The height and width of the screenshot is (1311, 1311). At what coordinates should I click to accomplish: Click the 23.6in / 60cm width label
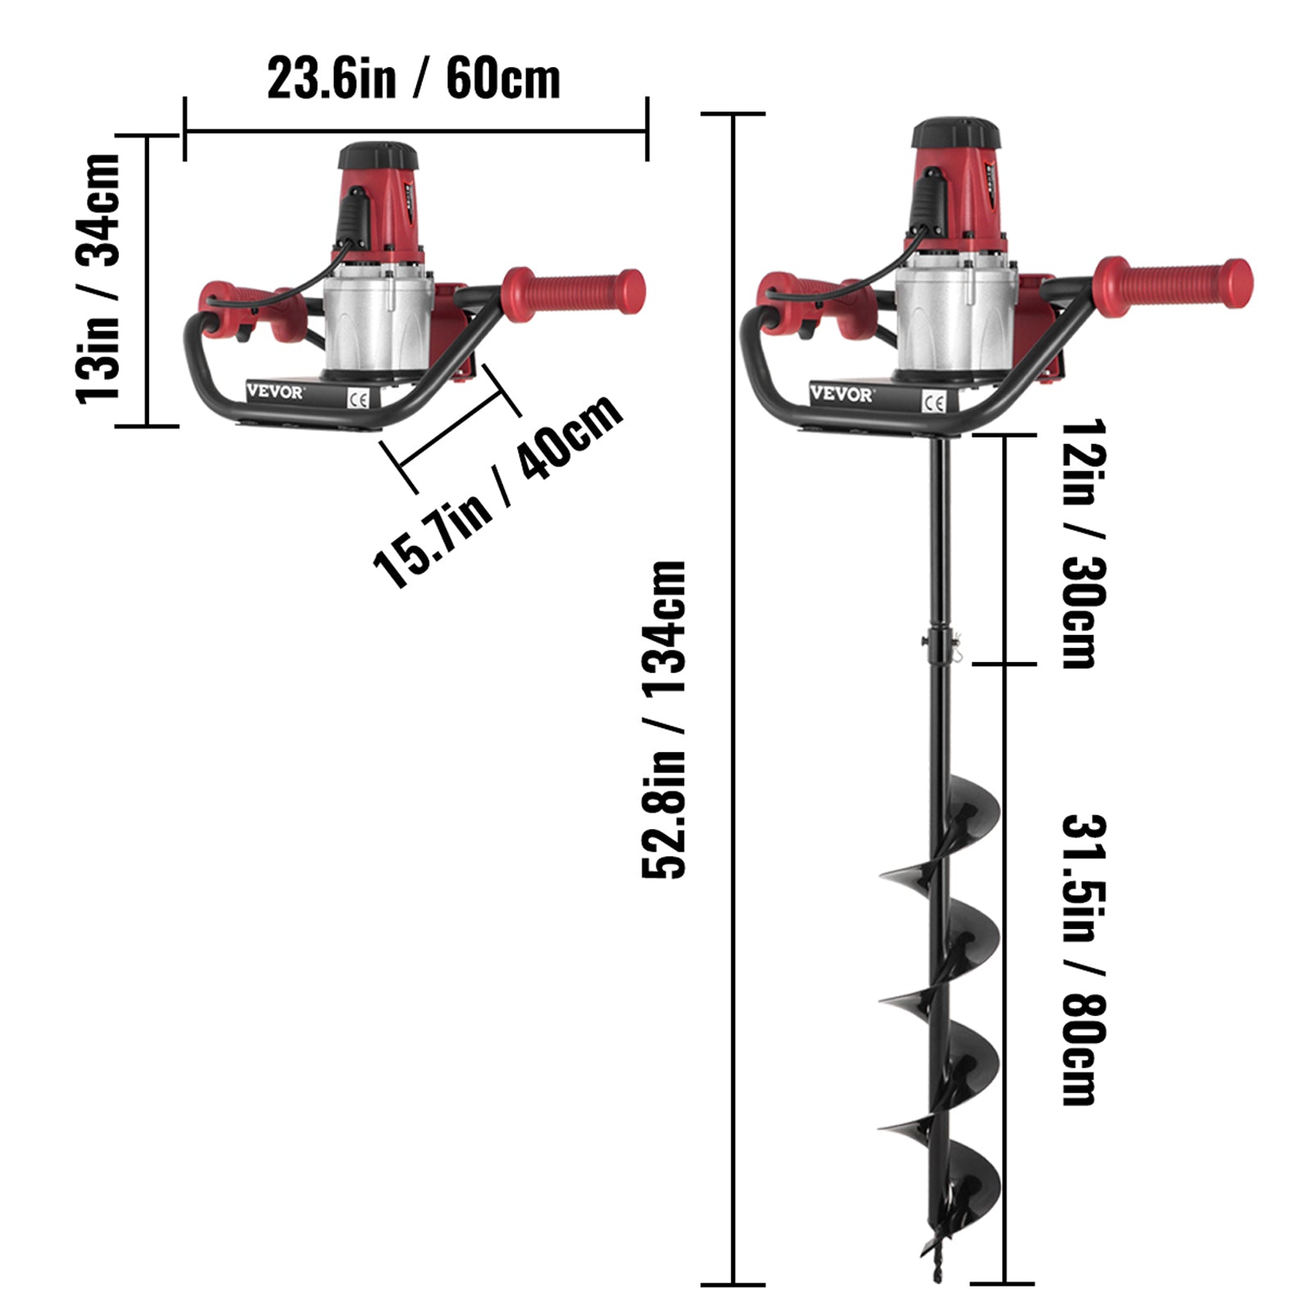point(414,79)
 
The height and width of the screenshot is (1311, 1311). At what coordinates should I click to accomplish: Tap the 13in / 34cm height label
point(98,279)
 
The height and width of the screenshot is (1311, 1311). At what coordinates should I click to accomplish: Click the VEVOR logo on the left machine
point(274,392)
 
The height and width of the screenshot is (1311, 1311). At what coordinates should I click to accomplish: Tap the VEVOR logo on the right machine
point(841,394)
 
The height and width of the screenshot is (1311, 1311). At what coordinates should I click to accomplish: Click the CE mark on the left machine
point(359,399)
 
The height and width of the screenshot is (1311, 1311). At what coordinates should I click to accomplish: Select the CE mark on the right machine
point(934,401)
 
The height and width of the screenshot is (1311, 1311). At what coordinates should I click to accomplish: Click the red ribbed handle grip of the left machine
point(574,288)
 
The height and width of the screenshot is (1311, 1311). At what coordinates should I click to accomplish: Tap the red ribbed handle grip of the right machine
point(1172,284)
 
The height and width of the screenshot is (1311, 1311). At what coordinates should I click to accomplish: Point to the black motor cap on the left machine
point(379,155)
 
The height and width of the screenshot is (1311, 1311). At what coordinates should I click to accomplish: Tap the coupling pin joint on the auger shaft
point(940,639)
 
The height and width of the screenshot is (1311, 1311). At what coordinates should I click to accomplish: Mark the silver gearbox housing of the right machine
point(955,320)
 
